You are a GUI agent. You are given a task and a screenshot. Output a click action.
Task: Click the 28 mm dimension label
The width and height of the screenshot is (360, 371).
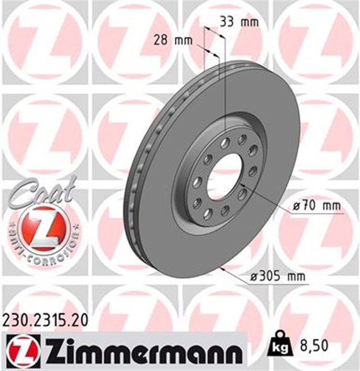click(x=172, y=41)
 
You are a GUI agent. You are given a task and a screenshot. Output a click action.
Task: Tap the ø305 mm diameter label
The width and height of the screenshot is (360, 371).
click(x=277, y=277)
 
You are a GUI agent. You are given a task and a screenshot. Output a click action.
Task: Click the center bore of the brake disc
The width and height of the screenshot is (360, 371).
click(x=226, y=174)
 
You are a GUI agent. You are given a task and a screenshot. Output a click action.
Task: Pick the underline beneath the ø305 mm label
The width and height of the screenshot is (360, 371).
click(x=278, y=283)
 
